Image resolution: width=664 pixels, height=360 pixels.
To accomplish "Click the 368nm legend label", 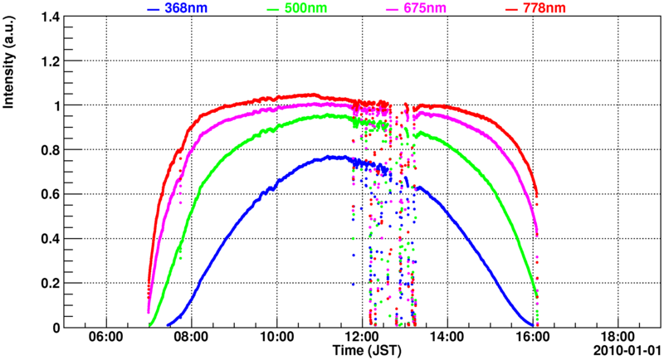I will tap(188, 8).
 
